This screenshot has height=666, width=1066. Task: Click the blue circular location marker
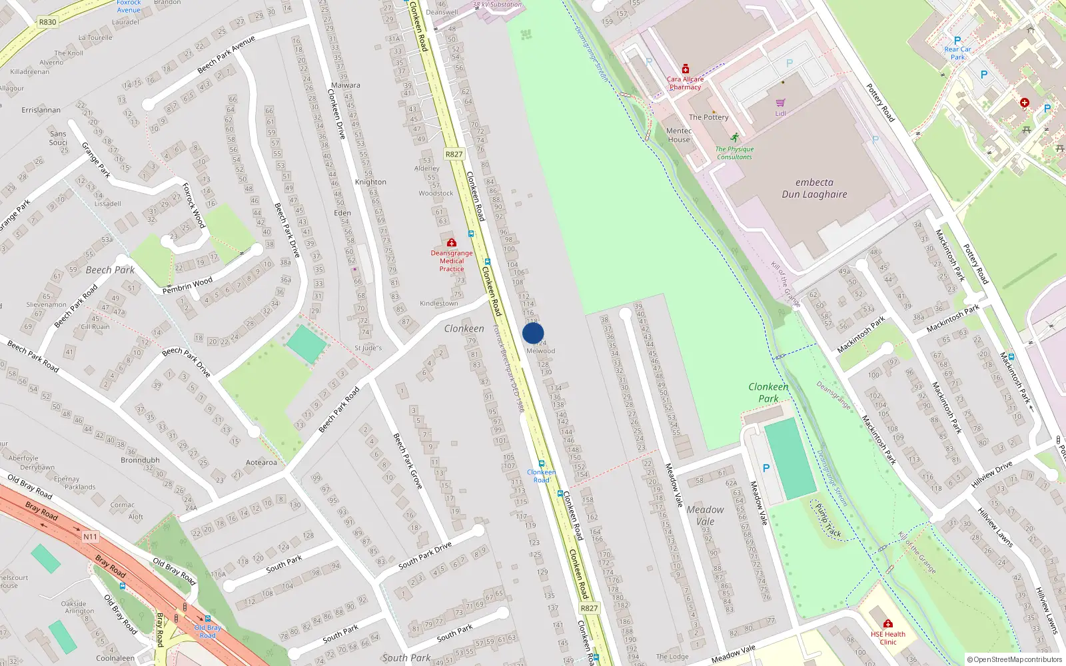click(x=533, y=333)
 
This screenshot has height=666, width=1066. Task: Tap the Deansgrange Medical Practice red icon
click(x=452, y=242)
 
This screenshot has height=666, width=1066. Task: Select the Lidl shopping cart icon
click(x=780, y=103)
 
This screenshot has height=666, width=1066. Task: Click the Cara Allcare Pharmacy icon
click(x=685, y=69)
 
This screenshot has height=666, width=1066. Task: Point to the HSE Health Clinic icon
click(x=887, y=623)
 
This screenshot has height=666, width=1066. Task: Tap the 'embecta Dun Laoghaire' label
click(x=814, y=188)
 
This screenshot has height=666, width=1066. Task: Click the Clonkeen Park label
click(x=768, y=392)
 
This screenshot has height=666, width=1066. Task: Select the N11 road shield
click(x=90, y=537)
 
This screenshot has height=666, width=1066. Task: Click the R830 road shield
click(x=47, y=22)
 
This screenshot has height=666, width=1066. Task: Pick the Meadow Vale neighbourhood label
click(x=705, y=515)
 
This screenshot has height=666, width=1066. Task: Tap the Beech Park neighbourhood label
click(x=110, y=270)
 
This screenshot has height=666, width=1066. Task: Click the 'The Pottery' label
click(x=708, y=117)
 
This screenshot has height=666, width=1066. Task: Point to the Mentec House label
click(x=679, y=135)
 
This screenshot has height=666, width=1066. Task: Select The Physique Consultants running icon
click(x=734, y=138)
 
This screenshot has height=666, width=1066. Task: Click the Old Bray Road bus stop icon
click(x=208, y=619)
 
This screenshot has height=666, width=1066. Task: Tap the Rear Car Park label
click(x=957, y=53)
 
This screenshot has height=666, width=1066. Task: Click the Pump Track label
click(x=828, y=520)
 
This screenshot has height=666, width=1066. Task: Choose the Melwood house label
click(x=540, y=351)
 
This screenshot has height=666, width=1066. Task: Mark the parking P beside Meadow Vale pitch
click(x=766, y=468)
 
